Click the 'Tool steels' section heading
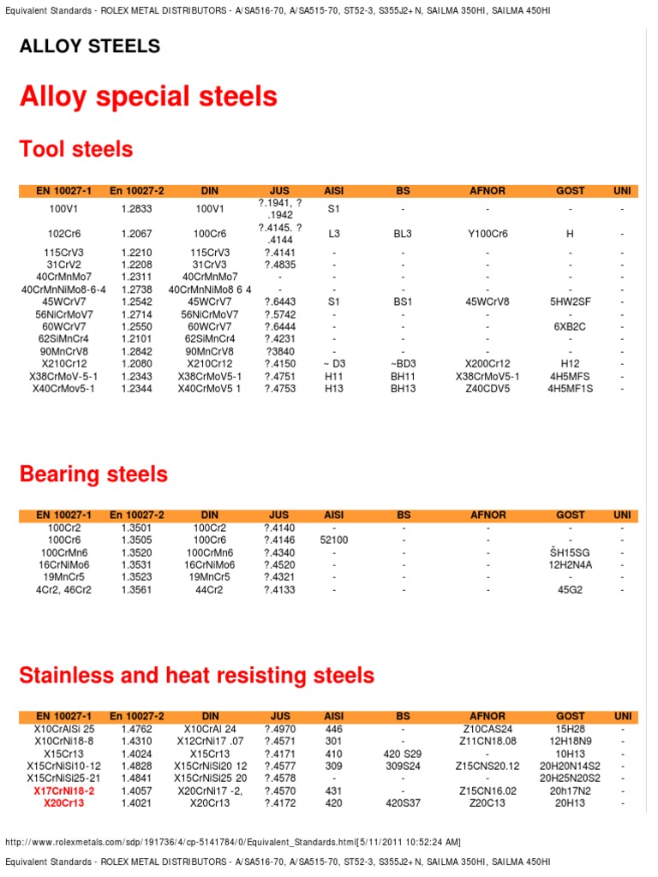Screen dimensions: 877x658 pos(76,150)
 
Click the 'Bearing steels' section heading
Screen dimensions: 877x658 pos(93,474)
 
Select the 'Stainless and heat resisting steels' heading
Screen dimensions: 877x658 pos(197,675)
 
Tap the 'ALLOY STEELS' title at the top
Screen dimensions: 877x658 pos(90,46)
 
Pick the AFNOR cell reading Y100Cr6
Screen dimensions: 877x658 pos(488,233)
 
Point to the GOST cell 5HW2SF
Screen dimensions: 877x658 pos(571,301)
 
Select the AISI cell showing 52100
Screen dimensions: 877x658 pos(334,540)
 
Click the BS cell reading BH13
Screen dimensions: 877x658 pos(403,388)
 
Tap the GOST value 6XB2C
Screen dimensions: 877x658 pos(571,326)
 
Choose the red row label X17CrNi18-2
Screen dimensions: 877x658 pos(64,791)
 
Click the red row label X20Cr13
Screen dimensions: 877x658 pos(64,803)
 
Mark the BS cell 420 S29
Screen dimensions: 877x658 pos(403,754)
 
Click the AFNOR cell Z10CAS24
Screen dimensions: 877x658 pos(488,729)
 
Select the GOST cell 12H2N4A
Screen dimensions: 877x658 pos(571,565)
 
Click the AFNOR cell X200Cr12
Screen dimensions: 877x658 pos(488,363)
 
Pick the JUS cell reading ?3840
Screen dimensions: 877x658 pos(280,351)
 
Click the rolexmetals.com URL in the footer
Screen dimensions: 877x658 pos(235,842)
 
